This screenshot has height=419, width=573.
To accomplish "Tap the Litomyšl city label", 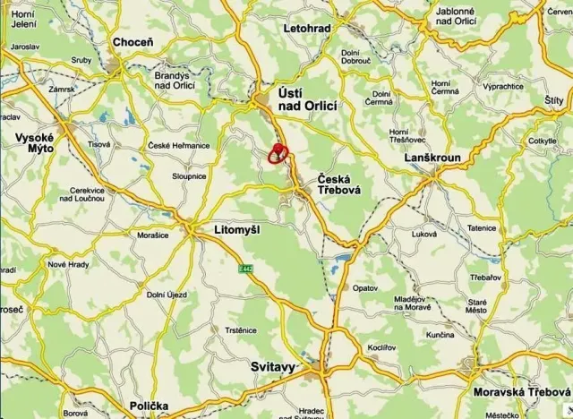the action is pyautogui.click(x=237, y=230).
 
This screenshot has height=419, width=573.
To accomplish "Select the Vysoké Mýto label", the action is pyautogui.click(x=36, y=143).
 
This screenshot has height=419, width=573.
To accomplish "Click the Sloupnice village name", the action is pyautogui.click(x=190, y=177).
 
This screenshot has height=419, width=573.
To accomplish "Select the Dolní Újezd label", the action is pyautogui.click(x=167, y=295).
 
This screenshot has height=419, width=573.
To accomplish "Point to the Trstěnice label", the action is pyautogui.click(x=240, y=330).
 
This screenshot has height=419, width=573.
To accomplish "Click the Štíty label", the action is pyautogui.click(x=553, y=100).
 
